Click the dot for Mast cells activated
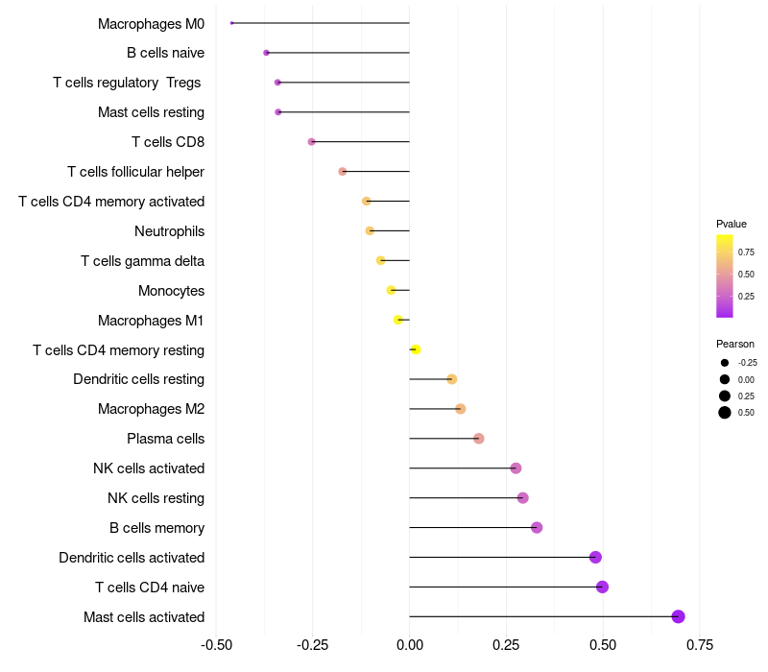[x=678, y=616]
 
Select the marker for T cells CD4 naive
[x=602, y=587]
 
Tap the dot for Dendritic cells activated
[x=595, y=557]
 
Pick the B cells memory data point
[x=537, y=527]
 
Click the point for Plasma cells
[x=478, y=439]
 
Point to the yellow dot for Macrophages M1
[x=398, y=320]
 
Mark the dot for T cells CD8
[x=311, y=142]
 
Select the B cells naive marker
[x=266, y=53]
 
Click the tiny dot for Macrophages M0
[x=232, y=23]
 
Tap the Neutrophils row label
[x=169, y=231]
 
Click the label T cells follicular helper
[x=135, y=172]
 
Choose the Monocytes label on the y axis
[x=171, y=291]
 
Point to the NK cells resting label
[x=156, y=498]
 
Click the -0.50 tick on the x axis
[x=216, y=644]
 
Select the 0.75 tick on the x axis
[x=699, y=644]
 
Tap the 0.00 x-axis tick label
[x=409, y=644]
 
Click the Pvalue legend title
[x=731, y=224]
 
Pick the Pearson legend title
[x=734, y=344]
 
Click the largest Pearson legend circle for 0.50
[x=724, y=413]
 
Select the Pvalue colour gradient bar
[x=725, y=276]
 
